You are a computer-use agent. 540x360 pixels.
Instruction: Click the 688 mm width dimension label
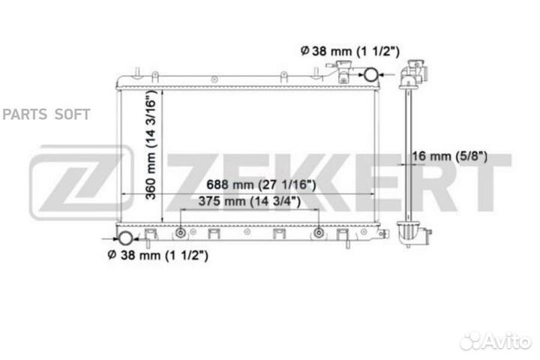(x=261, y=185)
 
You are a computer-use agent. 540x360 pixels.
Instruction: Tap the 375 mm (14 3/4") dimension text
(x=249, y=201)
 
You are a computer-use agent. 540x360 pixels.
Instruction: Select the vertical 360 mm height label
(x=151, y=145)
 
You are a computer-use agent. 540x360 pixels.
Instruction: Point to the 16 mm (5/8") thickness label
(x=450, y=157)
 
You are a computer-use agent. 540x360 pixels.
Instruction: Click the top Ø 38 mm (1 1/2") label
(x=350, y=51)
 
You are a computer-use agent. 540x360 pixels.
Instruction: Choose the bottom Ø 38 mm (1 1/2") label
(x=157, y=255)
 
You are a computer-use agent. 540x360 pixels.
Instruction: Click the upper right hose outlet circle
(x=371, y=74)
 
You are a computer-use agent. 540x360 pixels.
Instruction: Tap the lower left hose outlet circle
(x=125, y=238)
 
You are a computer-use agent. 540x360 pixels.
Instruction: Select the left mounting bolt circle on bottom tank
(x=181, y=233)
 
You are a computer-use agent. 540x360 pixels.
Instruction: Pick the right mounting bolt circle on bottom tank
(x=319, y=233)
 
